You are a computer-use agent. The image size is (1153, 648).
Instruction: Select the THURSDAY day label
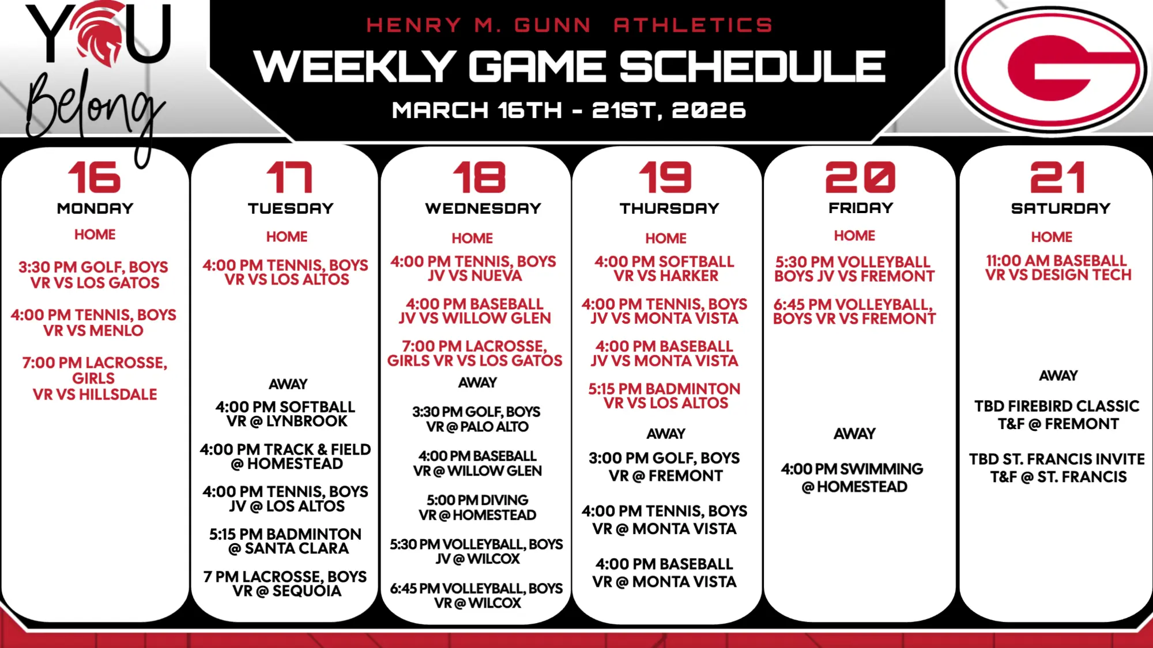[x=669, y=208]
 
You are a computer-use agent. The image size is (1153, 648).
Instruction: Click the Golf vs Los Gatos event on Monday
[x=93, y=275]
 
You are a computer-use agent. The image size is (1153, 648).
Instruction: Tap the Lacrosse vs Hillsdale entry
[x=95, y=378]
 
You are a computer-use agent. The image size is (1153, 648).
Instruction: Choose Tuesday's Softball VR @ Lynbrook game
[x=287, y=414]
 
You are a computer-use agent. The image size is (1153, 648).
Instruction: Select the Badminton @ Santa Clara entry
[x=286, y=541]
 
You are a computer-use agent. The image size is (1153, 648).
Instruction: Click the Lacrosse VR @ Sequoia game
[x=285, y=584]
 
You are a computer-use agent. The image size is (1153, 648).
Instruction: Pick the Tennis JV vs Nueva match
[x=473, y=268]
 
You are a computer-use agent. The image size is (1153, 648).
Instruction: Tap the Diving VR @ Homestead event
[x=477, y=507]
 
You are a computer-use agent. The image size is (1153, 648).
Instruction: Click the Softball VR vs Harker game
[x=665, y=268]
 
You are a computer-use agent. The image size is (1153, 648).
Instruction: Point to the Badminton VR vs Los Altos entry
[x=665, y=396]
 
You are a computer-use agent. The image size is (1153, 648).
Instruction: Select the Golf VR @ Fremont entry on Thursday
[x=665, y=467]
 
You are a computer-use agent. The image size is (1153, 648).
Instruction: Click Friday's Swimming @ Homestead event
[x=853, y=478]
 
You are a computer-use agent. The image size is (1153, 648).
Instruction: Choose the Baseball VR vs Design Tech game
[x=1058, y=268]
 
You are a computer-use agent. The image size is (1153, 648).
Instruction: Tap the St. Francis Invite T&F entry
[x=1057, y=468]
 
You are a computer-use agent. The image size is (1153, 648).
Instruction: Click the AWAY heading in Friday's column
[x=854, y=434]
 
